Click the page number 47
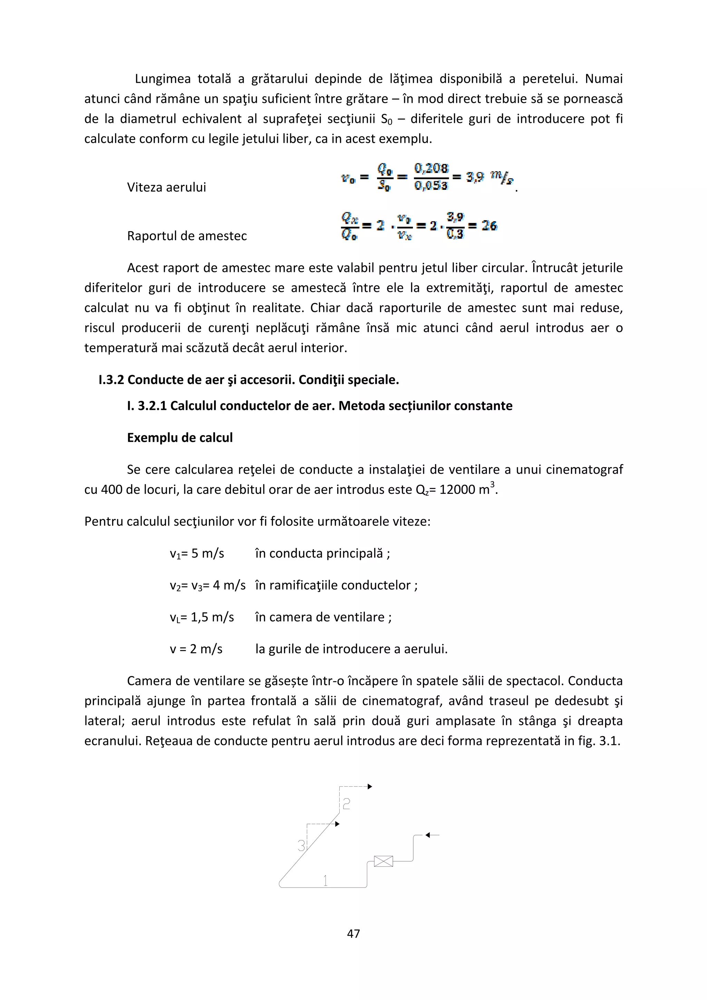tap(353, 933)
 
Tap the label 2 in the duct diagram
tap(346, 804)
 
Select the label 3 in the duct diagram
tap(301, 846)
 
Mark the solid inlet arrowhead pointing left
tap(428, 835)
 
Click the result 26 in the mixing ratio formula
tap(489, 226)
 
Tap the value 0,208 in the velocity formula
tap(431, 168)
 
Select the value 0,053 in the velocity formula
tap(431, 186)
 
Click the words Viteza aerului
tap(166, 187)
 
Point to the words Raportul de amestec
tap(187, 236)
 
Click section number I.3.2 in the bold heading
tap(111, 380)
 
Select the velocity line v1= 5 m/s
tap(197, 553)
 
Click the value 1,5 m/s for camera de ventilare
tap(212, 617)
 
